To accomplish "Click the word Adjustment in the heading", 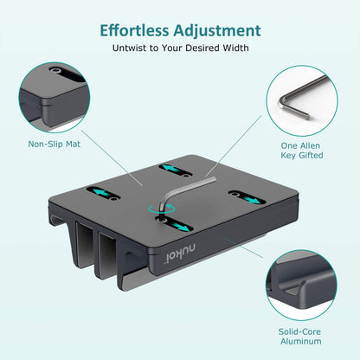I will tap(218, 29).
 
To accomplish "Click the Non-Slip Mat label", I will tap(54, 144).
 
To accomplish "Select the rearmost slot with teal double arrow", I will tap(176, 168).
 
